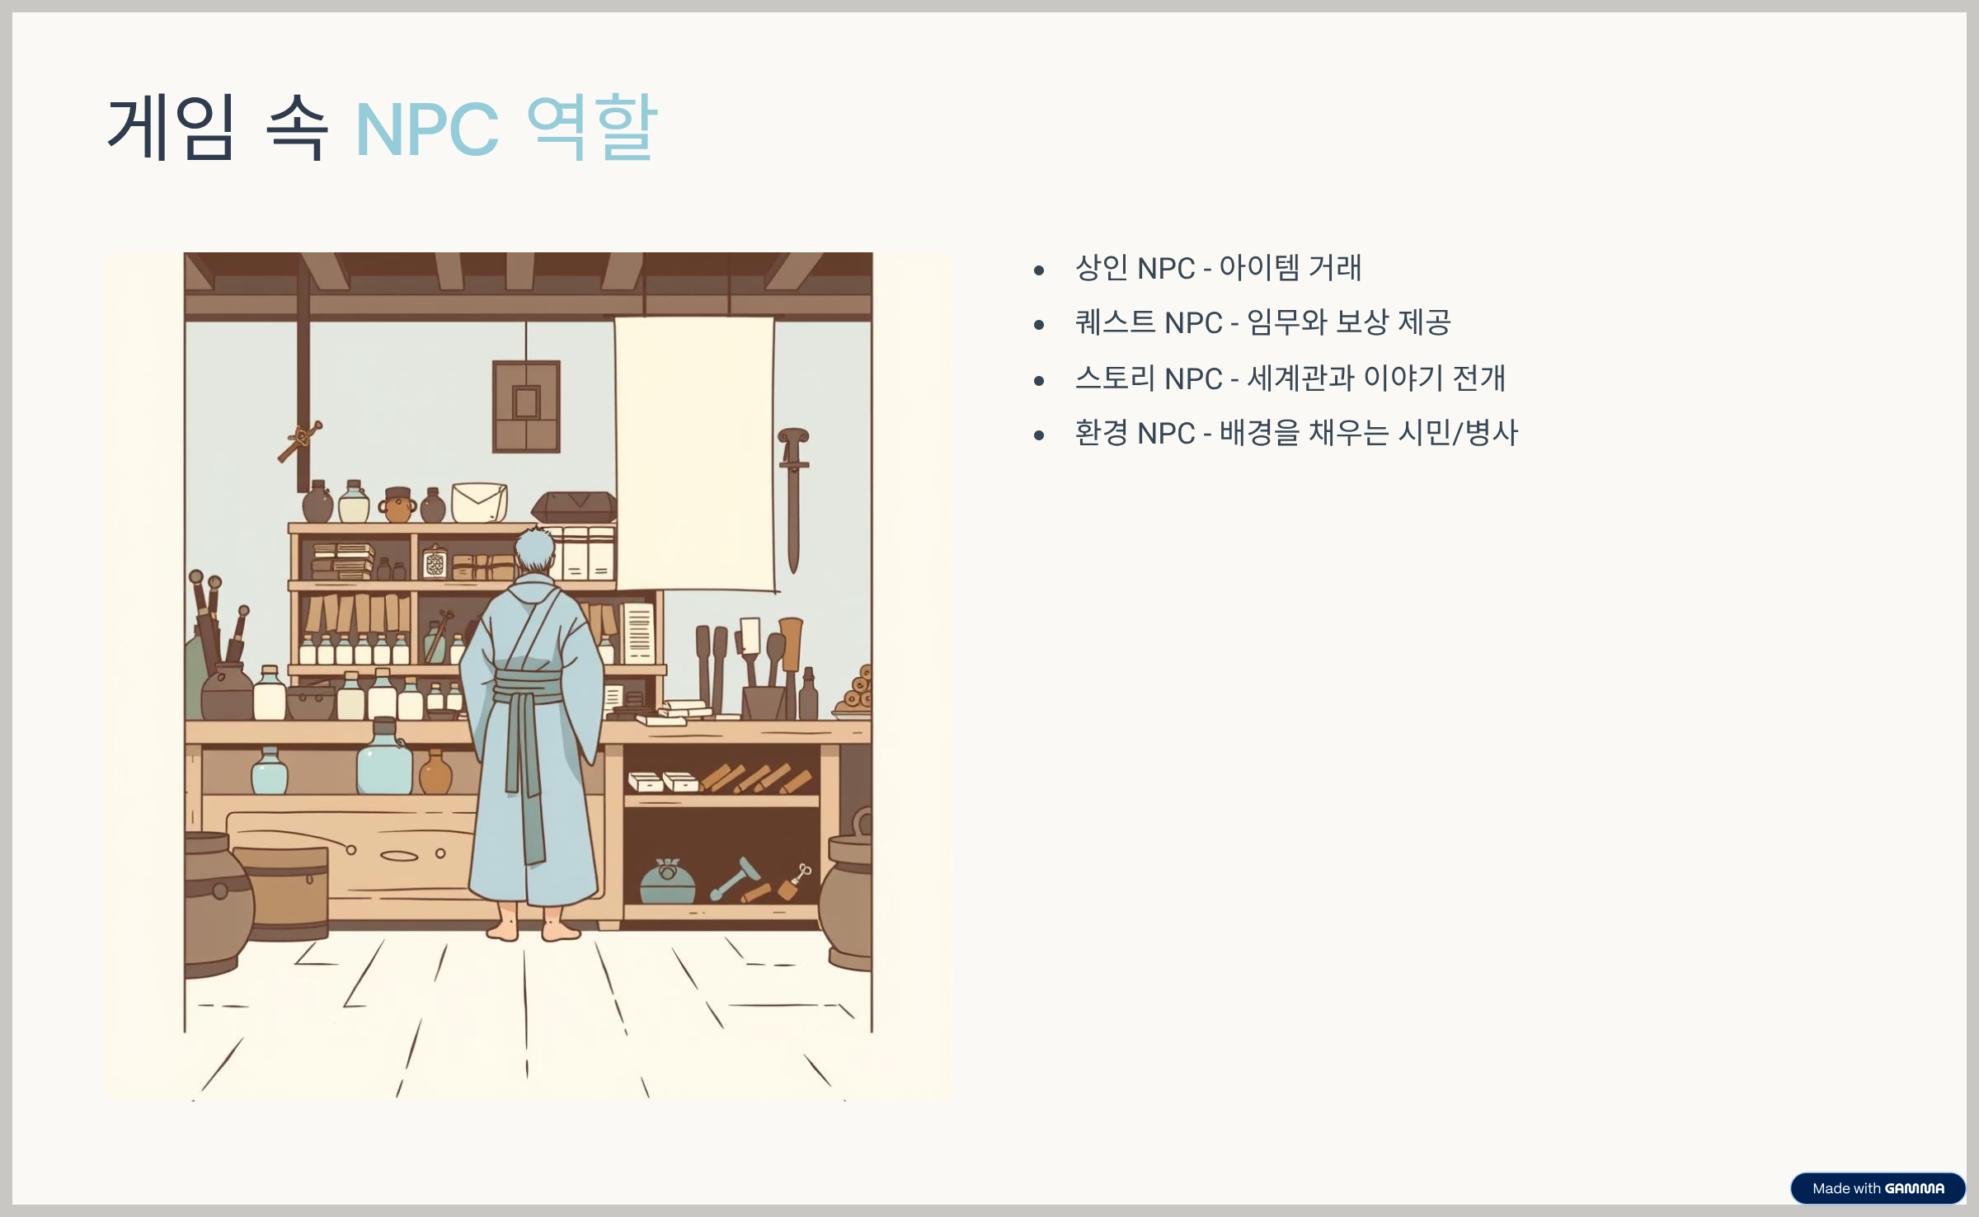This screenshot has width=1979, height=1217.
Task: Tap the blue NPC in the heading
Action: coord(426,129)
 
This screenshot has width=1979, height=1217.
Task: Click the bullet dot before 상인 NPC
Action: coord(1039,270)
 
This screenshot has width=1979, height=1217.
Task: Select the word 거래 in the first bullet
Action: coord(1335,268)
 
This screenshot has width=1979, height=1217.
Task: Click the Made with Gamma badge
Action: coord(1878,1188)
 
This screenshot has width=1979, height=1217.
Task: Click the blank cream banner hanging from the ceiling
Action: coord(694,453)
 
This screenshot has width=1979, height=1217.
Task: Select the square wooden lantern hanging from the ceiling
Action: coord(526,406)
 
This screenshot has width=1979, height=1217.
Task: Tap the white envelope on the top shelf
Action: coord(479,501)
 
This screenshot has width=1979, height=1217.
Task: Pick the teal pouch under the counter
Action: coord(667,881)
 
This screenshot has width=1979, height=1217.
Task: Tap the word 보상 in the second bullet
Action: coord(1362,322)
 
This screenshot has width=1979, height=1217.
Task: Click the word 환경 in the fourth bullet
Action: coord(1101,433)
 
